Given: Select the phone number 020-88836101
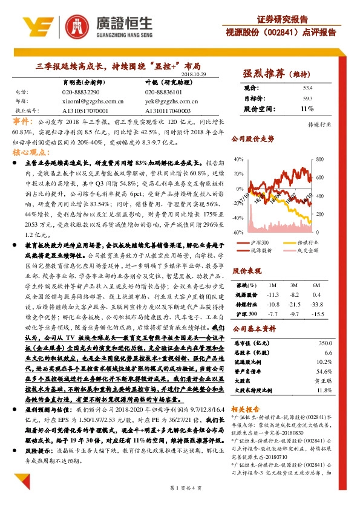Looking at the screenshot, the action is click(x=165, y=92).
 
